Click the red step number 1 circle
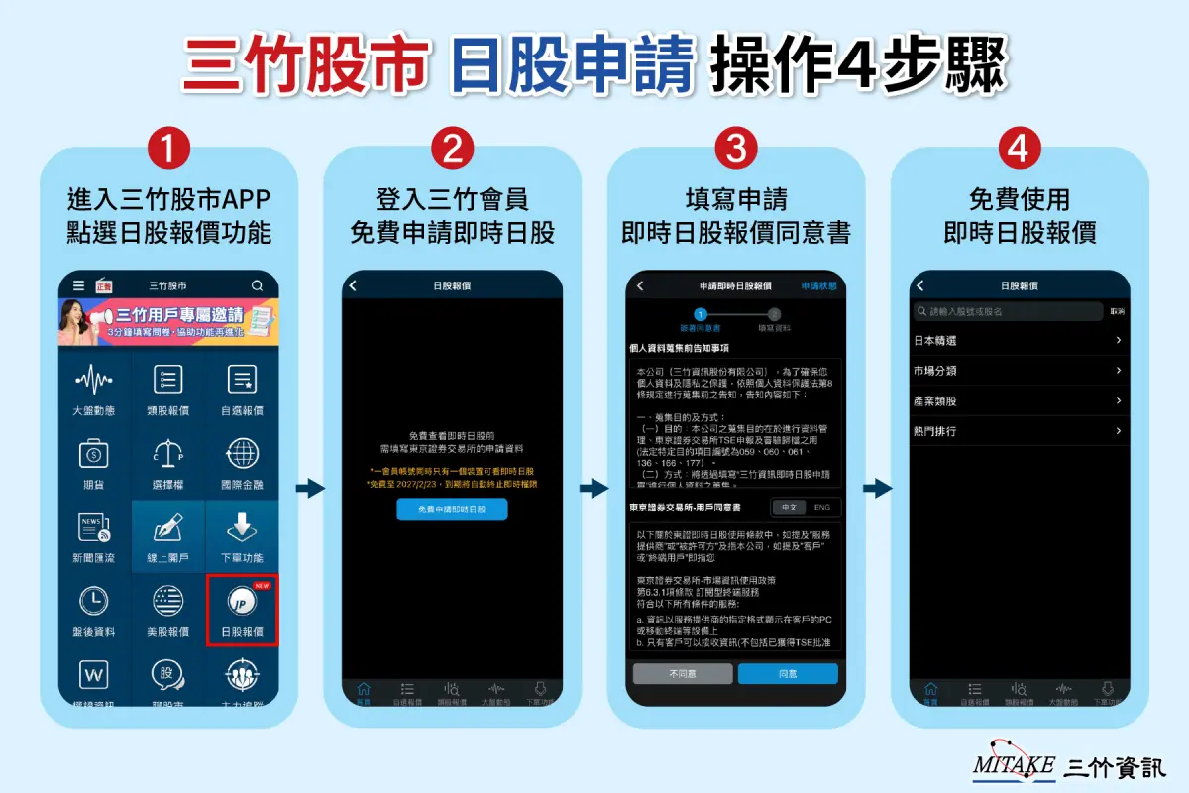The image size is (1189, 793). tap(168, 150)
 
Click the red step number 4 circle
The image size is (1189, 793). tap(1020, 150)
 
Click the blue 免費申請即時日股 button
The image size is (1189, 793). tap(452, 510)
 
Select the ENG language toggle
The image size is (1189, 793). tap(822, 507)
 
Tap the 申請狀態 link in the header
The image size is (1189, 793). tap(818, 285)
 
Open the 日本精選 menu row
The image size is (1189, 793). tap(1019, 340)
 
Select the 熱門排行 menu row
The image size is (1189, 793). tap(1019, 431)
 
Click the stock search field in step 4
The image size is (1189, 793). tap(1007, 311)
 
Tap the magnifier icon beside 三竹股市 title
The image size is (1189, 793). tap(258, 285)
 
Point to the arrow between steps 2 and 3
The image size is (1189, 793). tap(594, 488)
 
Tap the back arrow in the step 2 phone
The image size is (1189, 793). tap(353, 285)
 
